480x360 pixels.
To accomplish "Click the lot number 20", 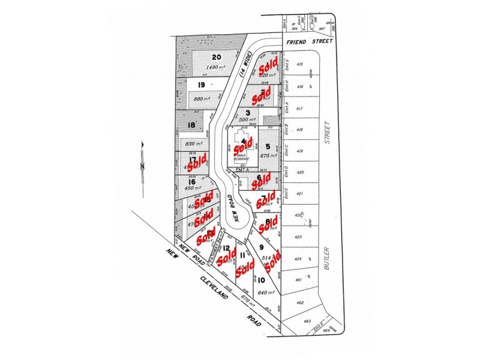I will pos(216,58).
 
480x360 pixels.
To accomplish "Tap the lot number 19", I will pos(202,85).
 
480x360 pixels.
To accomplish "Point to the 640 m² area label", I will pos(265,293).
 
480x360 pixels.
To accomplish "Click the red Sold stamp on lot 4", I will pos(243,146).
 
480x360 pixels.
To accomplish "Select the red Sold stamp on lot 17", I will pos(196,161).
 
